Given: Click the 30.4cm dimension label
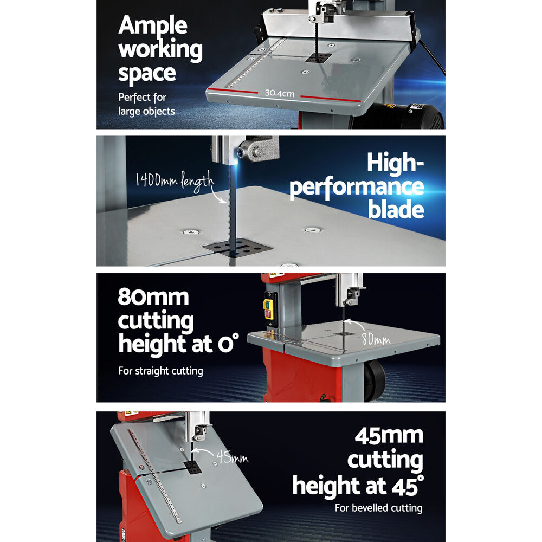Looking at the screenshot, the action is coord(279,93).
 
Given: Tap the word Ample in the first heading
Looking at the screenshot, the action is coord(153,26).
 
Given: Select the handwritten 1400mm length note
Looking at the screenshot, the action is coord(174,181).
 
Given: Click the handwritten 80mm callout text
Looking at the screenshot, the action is coord(376,339).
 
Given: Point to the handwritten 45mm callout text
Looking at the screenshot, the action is coord(232,457).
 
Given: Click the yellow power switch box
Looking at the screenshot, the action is coord(269,309).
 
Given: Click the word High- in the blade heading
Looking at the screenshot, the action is coord(395,162).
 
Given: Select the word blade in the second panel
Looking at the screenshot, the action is coord(396,209).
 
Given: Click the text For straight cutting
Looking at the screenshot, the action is coord(161,371).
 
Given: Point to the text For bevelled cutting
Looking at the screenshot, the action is coord(378,508).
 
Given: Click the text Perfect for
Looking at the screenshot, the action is coord(143,98).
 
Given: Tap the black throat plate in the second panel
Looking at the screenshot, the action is coord(238,248).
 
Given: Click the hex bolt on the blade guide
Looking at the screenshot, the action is coord(257,151).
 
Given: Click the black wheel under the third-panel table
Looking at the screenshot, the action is coord(375,378).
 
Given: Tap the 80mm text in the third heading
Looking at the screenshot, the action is coord(153,297).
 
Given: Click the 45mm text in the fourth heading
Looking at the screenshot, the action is coord(389,436).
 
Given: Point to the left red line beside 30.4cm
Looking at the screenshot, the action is coord(233,91).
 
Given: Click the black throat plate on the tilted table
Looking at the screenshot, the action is coord(192,467).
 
